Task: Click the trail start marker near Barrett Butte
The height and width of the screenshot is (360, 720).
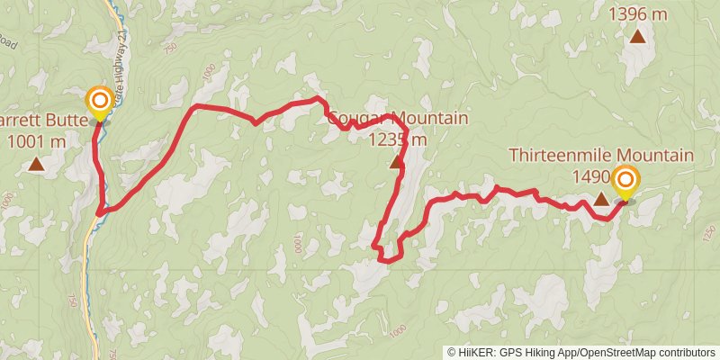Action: [99, 100]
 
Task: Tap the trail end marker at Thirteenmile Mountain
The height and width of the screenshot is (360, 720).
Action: [625, 183]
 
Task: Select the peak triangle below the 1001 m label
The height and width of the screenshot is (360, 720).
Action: [36, 164]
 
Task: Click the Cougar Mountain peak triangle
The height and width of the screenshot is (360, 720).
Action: [396, 163]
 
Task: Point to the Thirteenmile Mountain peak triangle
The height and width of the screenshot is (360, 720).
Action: [601, 197]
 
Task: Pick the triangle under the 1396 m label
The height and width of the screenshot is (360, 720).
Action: [637, 36]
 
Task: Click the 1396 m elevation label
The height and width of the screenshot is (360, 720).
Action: [637, 14]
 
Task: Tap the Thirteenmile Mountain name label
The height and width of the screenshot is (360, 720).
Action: [601, 156]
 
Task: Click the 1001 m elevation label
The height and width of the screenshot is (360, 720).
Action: [36, 140]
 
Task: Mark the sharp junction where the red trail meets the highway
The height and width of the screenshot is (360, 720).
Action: [97, 214]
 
